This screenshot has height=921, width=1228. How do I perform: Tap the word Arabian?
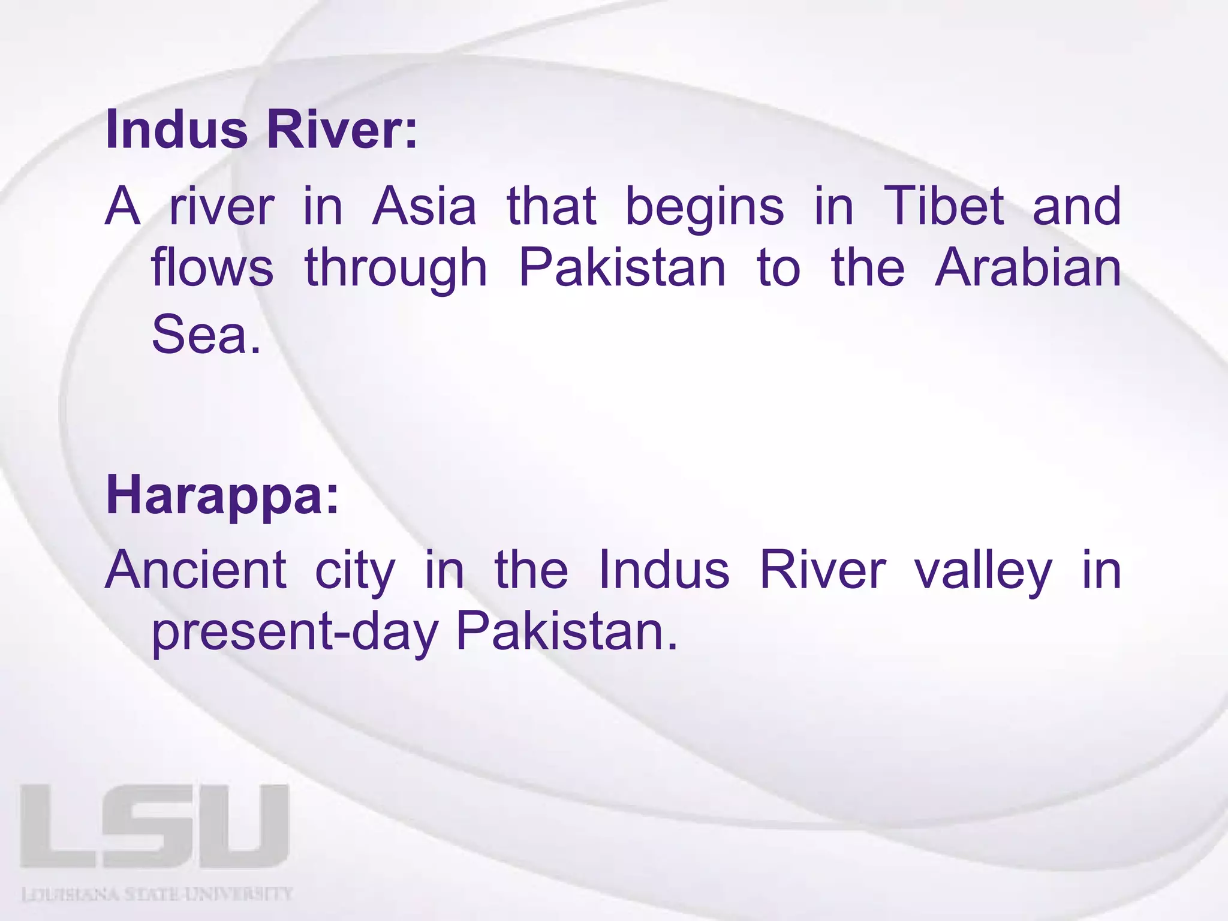pyautogui.click(x=1028, y=268)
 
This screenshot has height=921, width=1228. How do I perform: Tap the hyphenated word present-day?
pyautogui.click(x=294, y=634)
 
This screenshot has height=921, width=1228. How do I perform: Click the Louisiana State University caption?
pyautogui.click(x=157, y=895)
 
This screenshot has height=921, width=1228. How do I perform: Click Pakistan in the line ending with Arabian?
pyautogui.click(x=622, y=268)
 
